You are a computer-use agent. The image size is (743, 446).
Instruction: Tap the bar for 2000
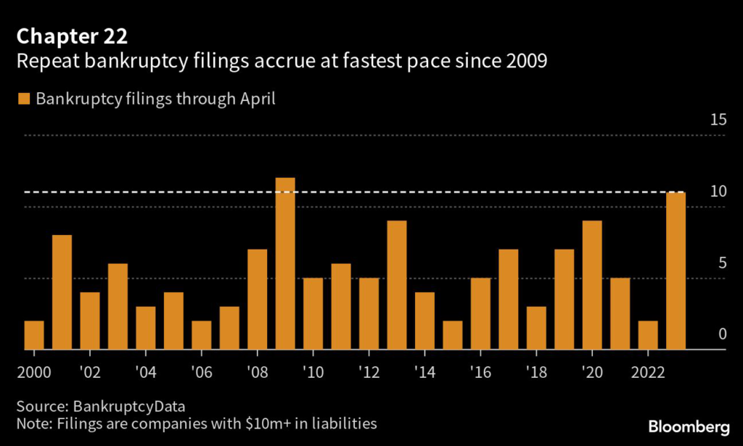click(34, 335)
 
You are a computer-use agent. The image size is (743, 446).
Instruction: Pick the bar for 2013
click(397, 285)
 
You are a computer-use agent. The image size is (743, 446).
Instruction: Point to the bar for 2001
click(62, 292)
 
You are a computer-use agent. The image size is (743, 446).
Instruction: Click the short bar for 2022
click(648, 335)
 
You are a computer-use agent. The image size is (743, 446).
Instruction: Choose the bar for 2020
click(592, 285)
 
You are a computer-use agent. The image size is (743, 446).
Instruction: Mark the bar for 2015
click(453, 335)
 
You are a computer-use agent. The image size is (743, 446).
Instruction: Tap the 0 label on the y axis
click(722, 334)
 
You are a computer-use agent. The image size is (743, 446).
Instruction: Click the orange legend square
click(25, 99)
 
